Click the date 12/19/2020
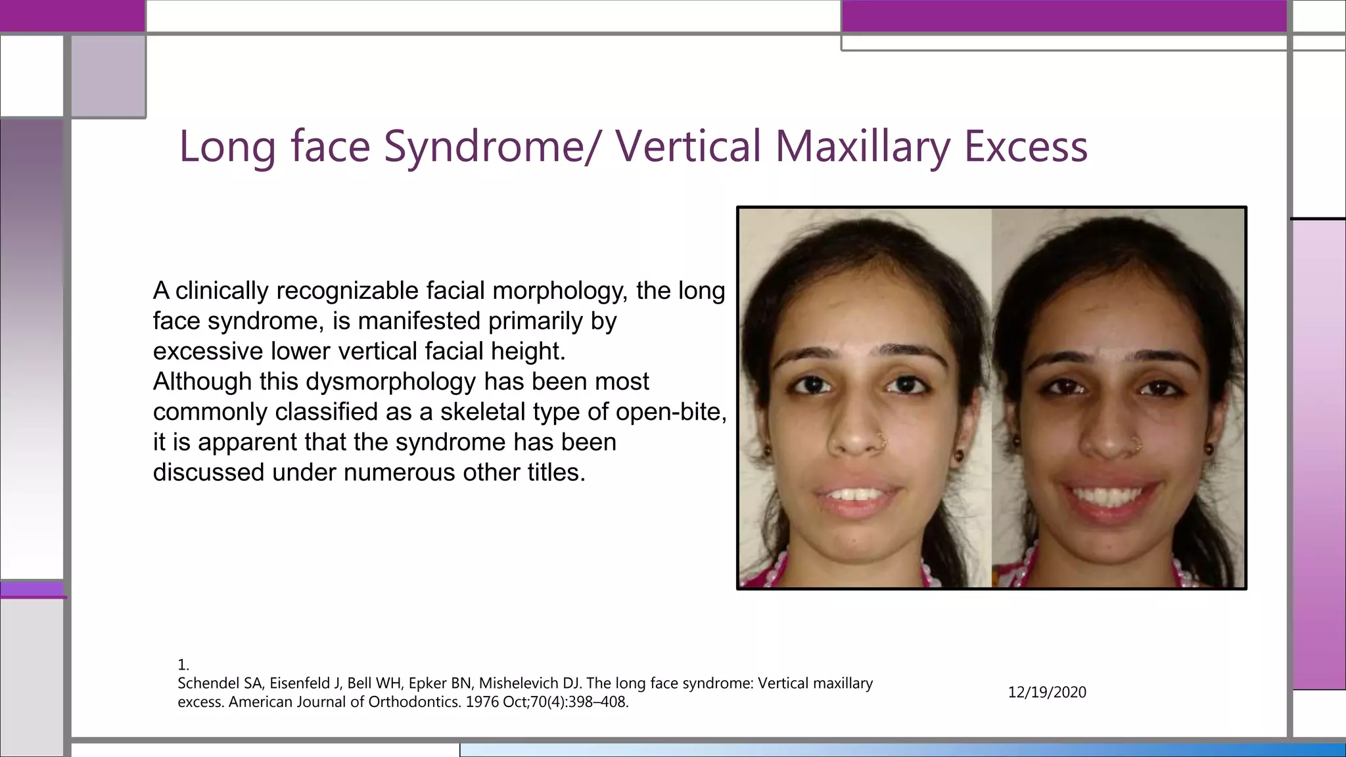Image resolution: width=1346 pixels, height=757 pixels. click(x=1047, y=692)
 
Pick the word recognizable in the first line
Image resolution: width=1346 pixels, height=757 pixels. click(x=347, y=290)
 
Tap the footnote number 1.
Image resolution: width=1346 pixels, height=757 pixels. click(x=183, y=664)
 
